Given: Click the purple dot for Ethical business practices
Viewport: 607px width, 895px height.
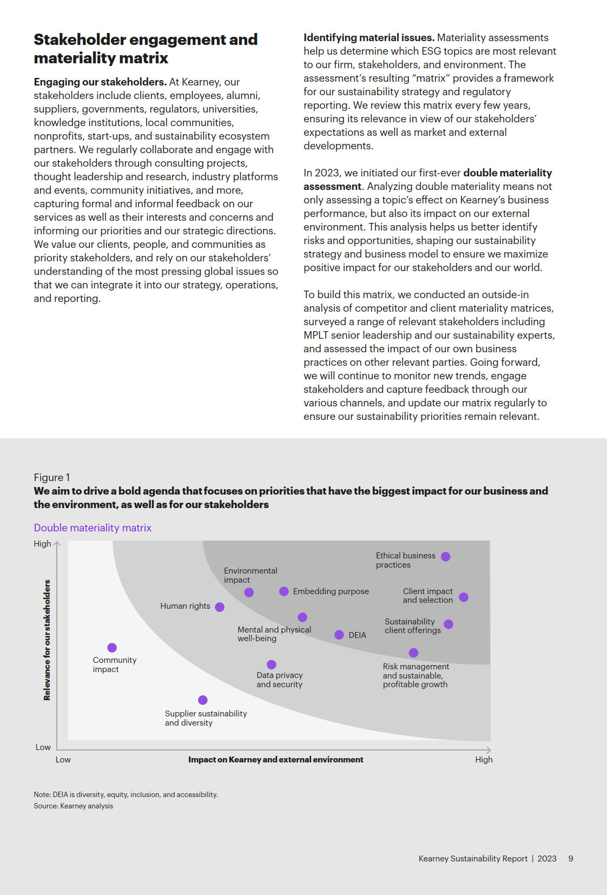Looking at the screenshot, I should click(x=446, y=557).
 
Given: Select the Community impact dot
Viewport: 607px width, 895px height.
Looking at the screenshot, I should click(x=112, y=648).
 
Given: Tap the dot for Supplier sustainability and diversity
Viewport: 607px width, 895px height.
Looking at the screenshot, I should click(x=203, y=700).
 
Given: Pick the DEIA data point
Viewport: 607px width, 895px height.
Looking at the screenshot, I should click(x=339, y=635).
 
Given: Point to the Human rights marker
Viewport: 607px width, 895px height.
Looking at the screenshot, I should click(x=220, y=607).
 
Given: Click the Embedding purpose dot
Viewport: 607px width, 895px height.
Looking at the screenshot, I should click(x=284, y=591).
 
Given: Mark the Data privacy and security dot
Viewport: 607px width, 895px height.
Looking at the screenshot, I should click(x=272, y=664).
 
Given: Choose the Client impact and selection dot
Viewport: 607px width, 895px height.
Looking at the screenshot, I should click(x=464, y=597).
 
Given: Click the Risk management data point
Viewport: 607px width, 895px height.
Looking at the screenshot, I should click(x=413, y=653).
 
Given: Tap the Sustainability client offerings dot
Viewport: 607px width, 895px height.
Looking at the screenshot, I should click(x=448, y=624).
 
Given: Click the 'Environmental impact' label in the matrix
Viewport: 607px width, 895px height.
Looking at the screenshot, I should click(x=250, y=575).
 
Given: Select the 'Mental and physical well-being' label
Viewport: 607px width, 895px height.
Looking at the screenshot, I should click(x=274, y=634).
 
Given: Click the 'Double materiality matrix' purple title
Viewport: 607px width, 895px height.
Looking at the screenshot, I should click(x=93, y=528).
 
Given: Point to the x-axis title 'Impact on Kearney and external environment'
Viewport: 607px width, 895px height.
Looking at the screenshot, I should click(x=275, y=760).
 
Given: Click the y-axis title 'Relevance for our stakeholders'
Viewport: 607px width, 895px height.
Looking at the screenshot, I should click(x=47, y=640).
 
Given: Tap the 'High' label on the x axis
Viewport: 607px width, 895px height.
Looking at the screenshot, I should click(x=484, y=760).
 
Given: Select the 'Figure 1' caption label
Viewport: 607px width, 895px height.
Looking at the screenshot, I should click(x=52, y=477).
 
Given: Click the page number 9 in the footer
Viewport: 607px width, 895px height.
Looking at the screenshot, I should click(x=571, y=859).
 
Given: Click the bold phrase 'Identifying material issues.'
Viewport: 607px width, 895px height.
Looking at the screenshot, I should click(x=369, y=38).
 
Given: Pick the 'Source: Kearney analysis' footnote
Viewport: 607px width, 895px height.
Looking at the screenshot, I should click(x=74, y=806).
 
